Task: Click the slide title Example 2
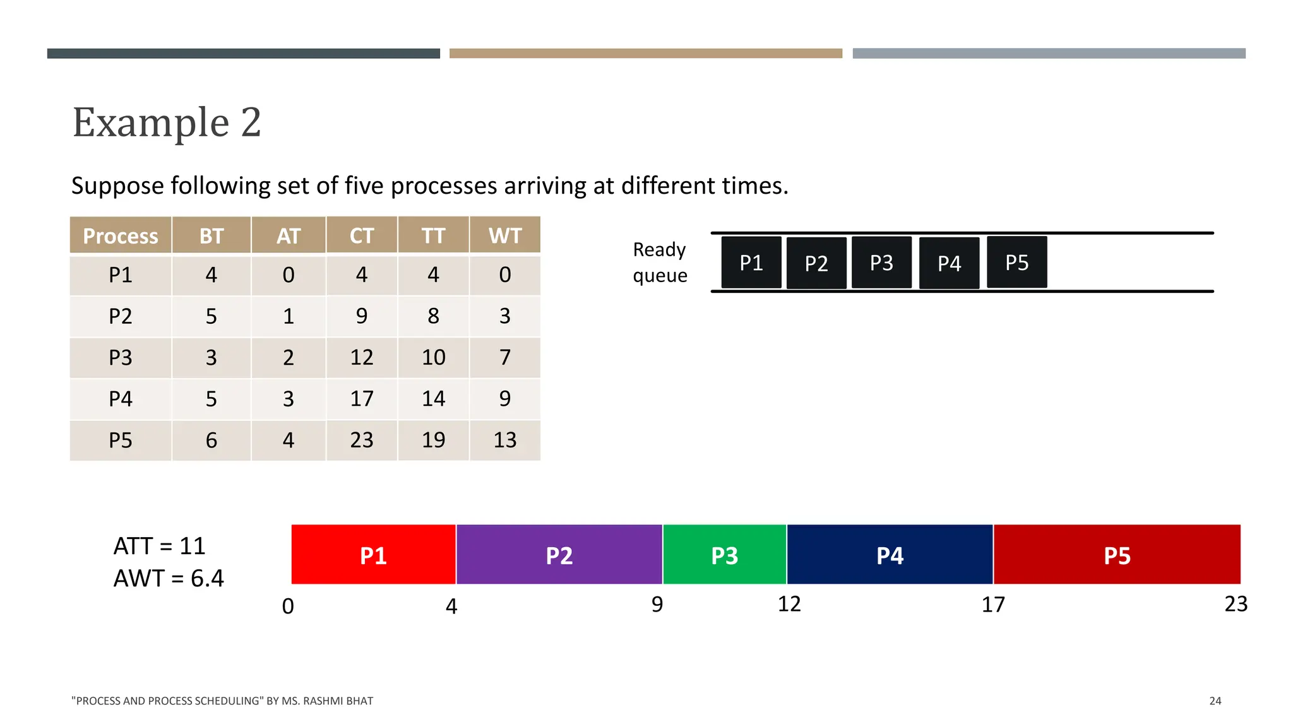pos(167,122)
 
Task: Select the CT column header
pos(362,235)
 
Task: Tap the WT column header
pos(505,235)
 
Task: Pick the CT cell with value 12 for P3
pos(362,357)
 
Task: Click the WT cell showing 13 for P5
pos(505,440)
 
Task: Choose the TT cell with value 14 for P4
pos(433,398)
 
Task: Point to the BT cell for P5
pos(212,440)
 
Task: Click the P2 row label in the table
pos(121,316)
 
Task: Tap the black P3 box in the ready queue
pos(881,263)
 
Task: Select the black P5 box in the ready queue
pos(1016,263)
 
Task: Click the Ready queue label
pos(660,263)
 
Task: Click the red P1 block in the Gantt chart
pos(373,555)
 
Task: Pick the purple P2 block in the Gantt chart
pos(559,555)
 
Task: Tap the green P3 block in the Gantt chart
pos(724,555)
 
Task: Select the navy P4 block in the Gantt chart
pos(890,555)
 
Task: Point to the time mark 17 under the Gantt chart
pos(993,605)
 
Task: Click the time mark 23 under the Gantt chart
pos(1236,604)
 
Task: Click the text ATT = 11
pos(160,546)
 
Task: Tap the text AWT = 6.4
pos(169,578)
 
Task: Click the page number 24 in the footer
pos(1215,700)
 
